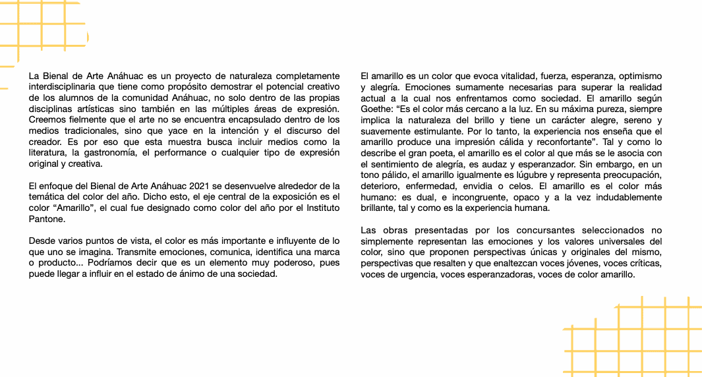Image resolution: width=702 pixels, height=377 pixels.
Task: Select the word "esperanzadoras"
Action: click(500, 274)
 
